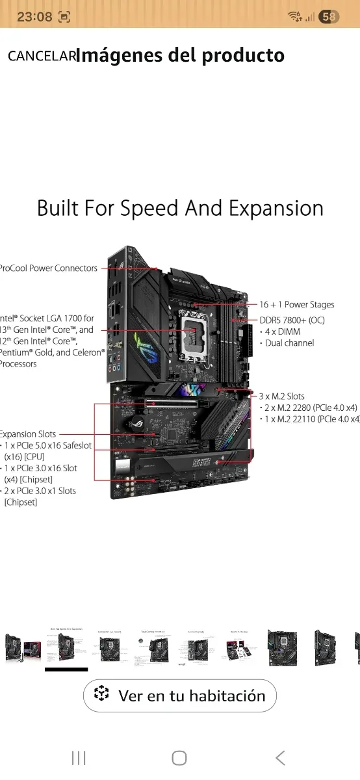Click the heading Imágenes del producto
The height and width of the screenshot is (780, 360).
180,56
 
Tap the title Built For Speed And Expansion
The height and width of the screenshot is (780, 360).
180,209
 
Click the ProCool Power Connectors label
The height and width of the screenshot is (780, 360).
49,268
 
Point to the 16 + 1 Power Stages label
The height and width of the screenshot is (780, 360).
297,304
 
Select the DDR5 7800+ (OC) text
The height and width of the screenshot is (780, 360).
292,320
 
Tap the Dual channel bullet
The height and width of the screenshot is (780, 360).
289,343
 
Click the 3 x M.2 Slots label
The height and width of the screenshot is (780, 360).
282,396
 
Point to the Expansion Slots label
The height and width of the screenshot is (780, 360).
28,434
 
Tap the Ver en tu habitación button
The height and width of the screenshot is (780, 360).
180,696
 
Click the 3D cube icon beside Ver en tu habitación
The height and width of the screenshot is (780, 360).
102,695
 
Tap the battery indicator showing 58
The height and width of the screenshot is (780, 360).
329,17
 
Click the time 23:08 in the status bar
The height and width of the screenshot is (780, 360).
34,17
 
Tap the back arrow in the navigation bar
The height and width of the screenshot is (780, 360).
280,758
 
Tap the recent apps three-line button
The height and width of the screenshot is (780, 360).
79,758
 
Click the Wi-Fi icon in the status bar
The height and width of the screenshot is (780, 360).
296,17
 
